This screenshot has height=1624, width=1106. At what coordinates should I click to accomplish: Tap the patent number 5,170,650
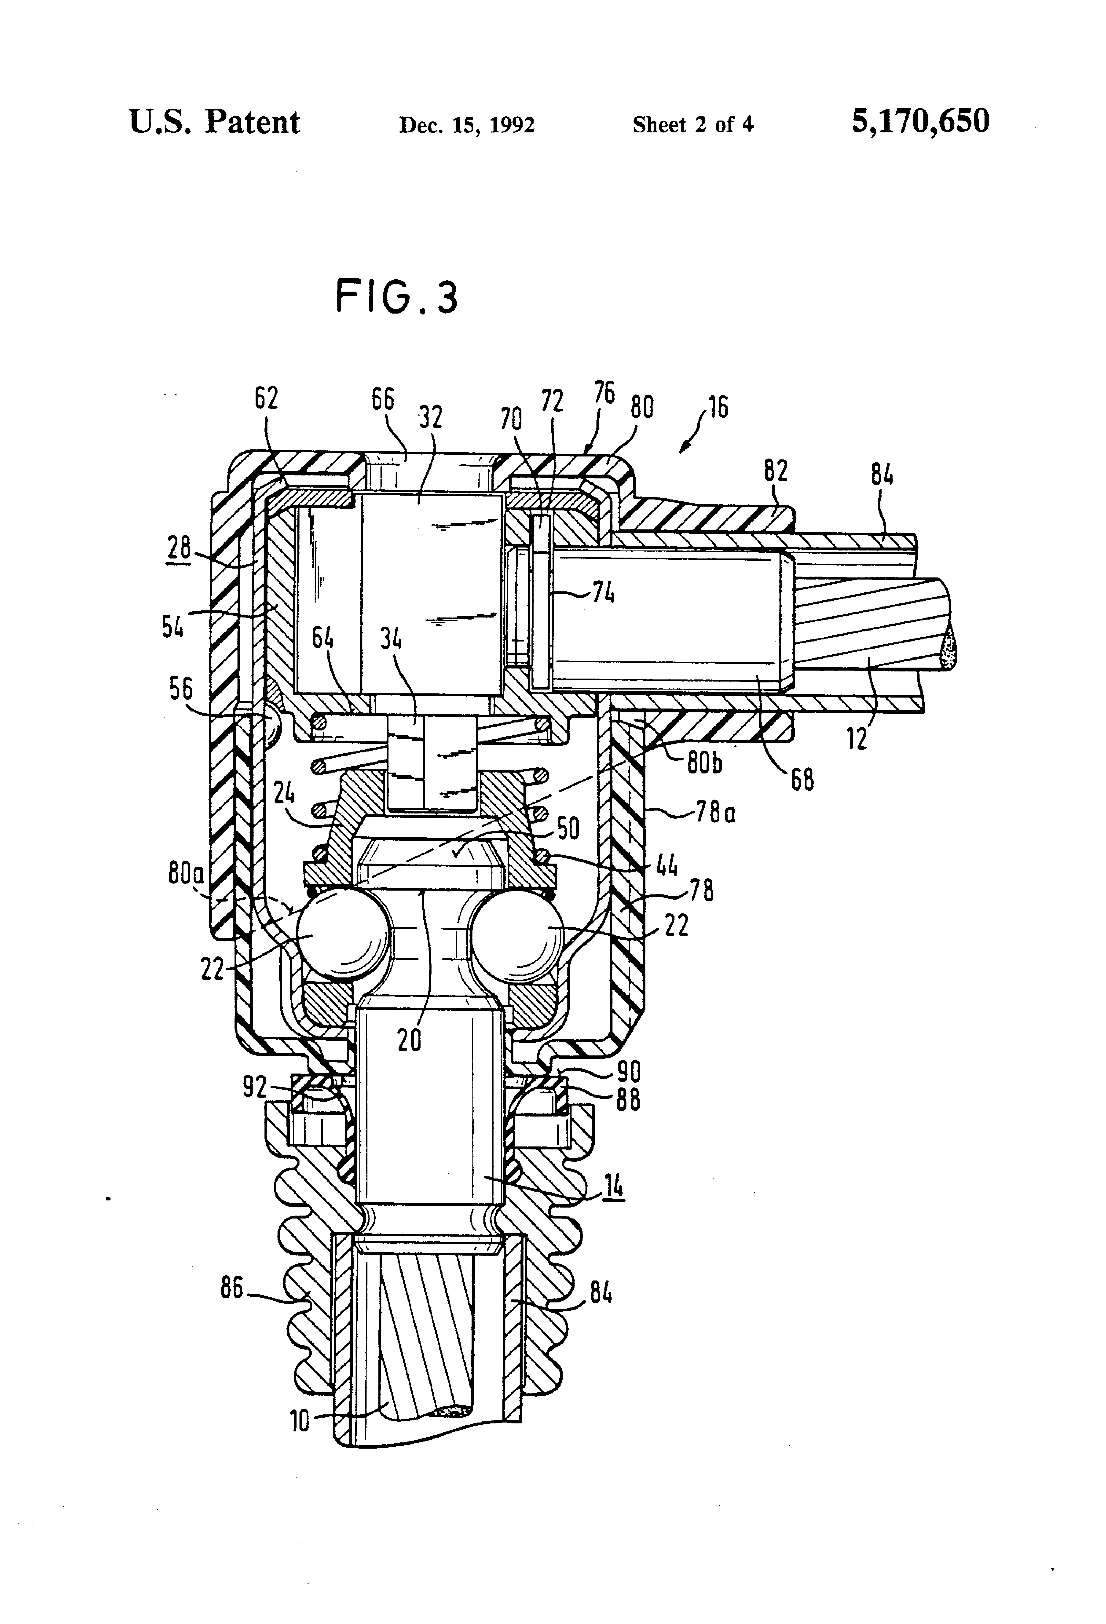(920, 121)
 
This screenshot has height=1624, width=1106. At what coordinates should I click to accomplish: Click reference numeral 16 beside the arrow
(718, 407)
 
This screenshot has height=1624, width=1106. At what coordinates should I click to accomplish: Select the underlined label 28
(179, 547)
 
